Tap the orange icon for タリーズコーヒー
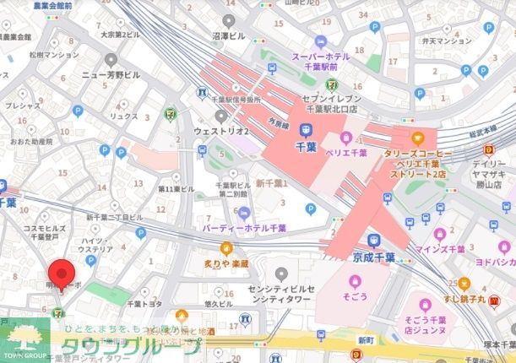(416, 137)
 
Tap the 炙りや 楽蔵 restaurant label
(225, 263)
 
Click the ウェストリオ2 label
(220, 132)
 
